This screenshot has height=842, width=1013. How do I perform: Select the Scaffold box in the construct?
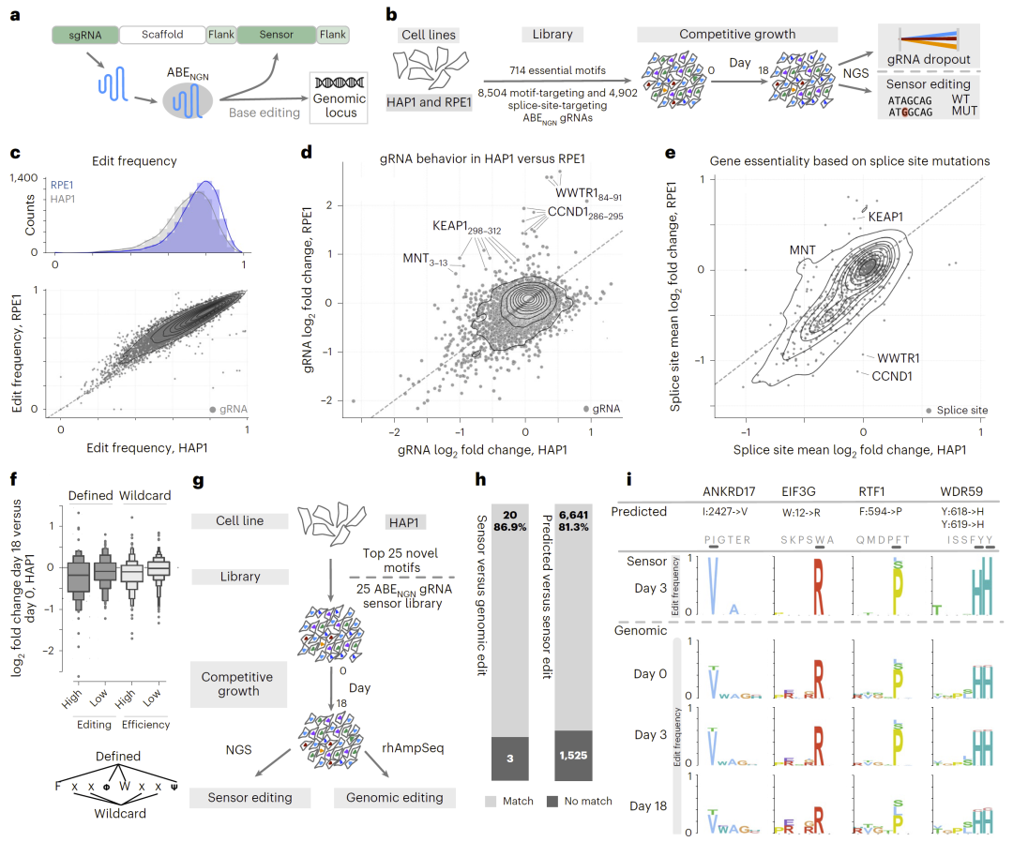coord(163,35)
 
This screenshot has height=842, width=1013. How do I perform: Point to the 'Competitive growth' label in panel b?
coord(737,35)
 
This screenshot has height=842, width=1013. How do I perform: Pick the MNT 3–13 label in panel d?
coord(425,258)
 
